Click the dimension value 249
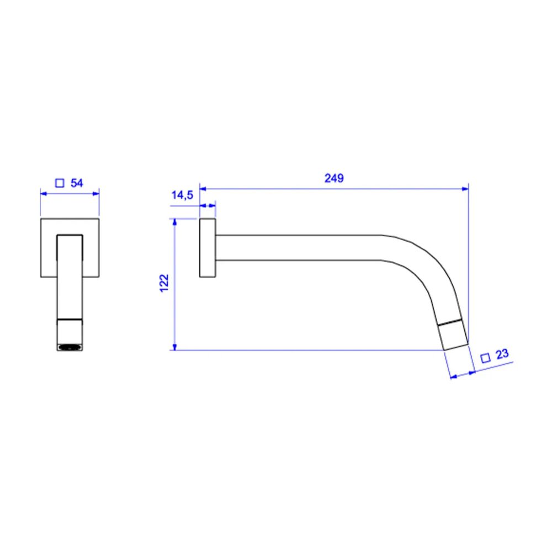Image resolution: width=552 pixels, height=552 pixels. [x=334, y=178]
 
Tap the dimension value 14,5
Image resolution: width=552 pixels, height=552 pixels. [x=182, y=195]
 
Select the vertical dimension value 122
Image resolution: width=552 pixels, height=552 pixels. [x=164, y=283]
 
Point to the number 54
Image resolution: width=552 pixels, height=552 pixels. [x=77, y=183]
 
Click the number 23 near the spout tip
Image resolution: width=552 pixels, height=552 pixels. [x=502, y=354]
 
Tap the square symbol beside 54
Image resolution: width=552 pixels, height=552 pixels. [x=60, y=183]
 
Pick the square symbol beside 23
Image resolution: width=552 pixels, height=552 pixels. [x=485, y=358]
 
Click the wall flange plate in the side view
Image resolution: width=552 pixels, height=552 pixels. [x=208, y=248]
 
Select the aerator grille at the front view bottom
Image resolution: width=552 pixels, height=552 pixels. [x=70, y=347]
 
